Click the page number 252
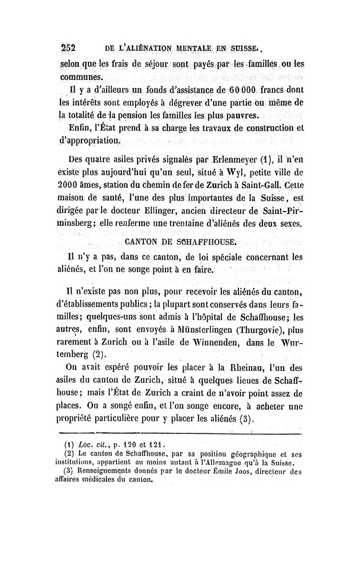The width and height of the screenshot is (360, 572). coord(69,48)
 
